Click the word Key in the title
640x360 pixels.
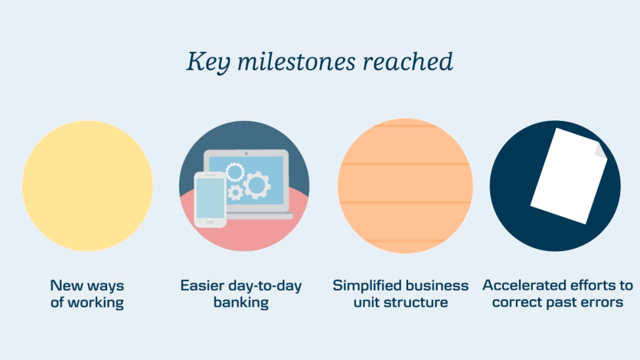(x=208, y=62)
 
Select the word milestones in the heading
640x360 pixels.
(x=296, y=61)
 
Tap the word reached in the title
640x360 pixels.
(x=408, y=61)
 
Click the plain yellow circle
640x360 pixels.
(x=87, y=186)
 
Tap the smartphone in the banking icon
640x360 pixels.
(x=210, y=199)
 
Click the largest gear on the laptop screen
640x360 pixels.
(x=257, y=185)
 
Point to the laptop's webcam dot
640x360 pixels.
(x=246, y=154)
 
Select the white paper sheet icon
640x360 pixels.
(x=569, y=176)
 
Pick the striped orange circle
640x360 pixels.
(x=405, y=186)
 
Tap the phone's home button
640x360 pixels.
(x=210, y=223)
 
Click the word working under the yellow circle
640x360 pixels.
(x=95, y=303)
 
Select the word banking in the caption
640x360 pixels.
(x=241, y=302)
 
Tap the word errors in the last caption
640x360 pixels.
(x=605, y=302)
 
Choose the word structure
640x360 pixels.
(x=416, y=302)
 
